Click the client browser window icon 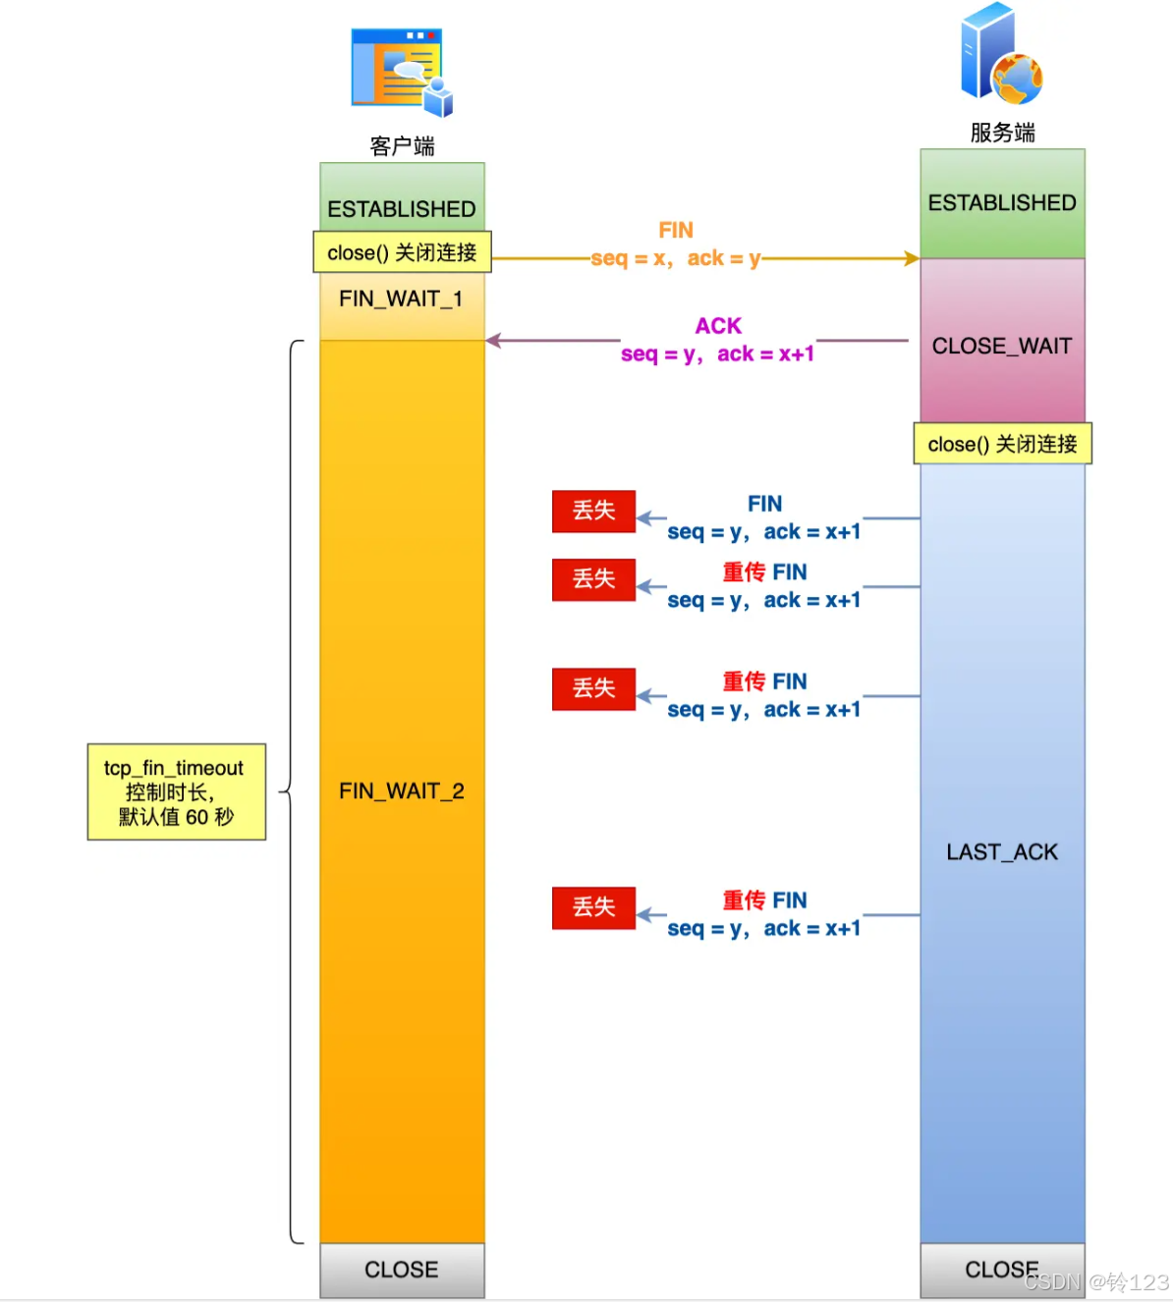pos(401,71)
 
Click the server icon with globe pos(1000,55)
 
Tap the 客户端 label pos(402,146)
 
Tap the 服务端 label pos(1002,133)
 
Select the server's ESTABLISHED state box pos(1002,203)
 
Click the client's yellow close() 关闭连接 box pos(402,252)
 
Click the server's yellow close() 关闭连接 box pos(1002,444)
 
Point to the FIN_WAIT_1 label pos(401,298)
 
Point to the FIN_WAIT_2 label pos(401,791)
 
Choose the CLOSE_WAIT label pos(1002,346)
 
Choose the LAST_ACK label pos(1002,852)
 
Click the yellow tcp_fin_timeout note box pos(177,791)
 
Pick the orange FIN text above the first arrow pos(676,230)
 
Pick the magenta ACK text pos(718,326)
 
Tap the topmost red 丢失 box pos(593,511)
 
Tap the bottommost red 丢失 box pos(593,907)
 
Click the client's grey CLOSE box pos(402,1270)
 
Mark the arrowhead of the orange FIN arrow pos(913,258)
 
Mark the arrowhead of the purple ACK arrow pos(493,341)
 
